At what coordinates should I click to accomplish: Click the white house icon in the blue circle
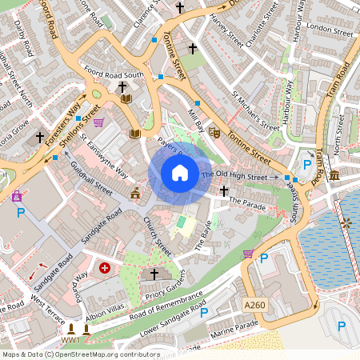180,173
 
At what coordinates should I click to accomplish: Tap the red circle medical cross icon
105,267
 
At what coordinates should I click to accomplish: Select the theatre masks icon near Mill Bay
214,131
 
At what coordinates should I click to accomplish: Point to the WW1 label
70,340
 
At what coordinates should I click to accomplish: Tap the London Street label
330,31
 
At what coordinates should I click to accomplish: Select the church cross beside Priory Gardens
154,274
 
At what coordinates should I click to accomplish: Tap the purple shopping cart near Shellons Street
98,122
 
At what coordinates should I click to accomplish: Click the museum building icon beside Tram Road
334,174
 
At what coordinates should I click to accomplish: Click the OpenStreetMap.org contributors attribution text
108,354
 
